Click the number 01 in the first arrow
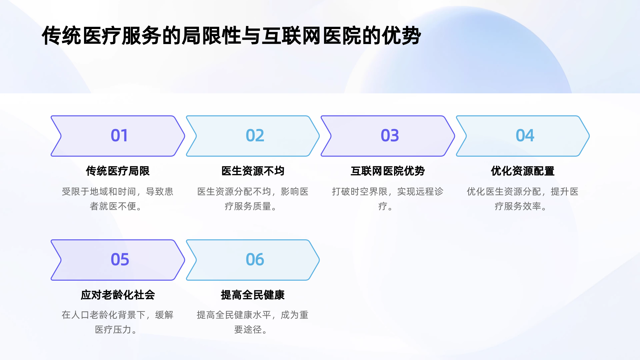click(x=119, y=136)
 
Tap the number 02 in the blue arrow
click(x=255, y=136)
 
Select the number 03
click(x=390, y=136)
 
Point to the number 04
click(x=525, y=136)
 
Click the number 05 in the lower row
click(x=120, y=260)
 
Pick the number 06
click(x=255, y=260)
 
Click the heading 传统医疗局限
click(x=118, y=171)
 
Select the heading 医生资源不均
click(x=253, y=171)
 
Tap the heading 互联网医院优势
click(x=388, y=171)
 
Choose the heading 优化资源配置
click(x=522, y=171)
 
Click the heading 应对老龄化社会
click(x=118, y=295)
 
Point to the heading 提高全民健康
click(x=253, y=295)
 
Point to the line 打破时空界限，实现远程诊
click(x=388, y=192)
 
